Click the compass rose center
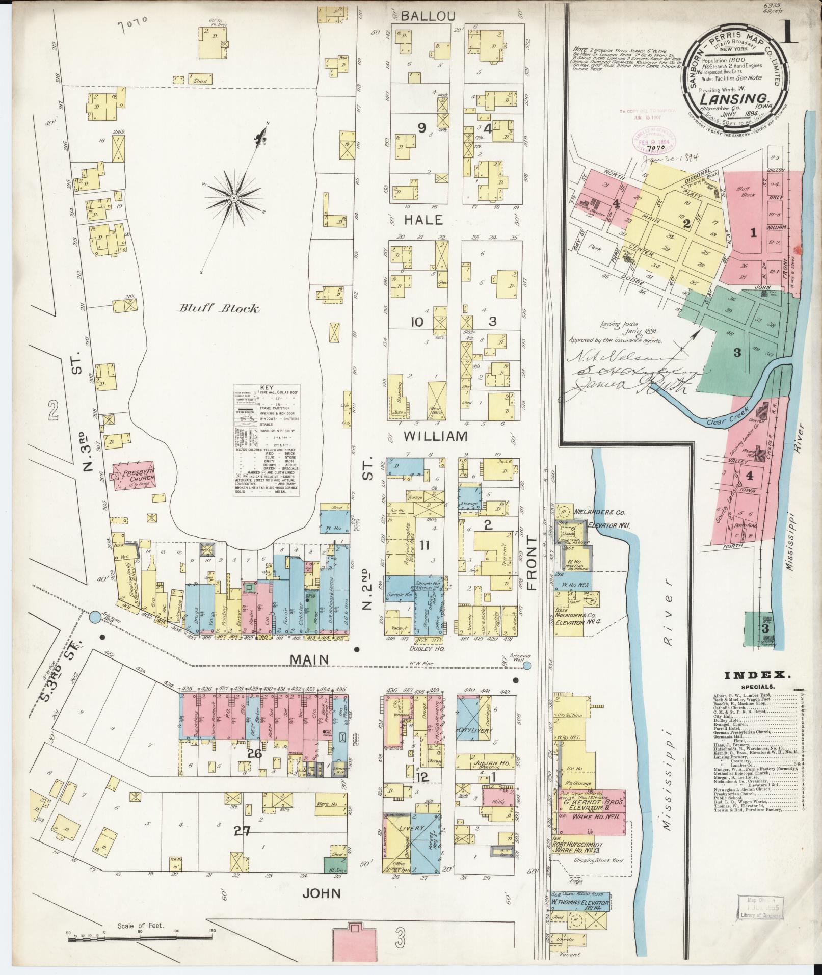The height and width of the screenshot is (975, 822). tap(233, 197)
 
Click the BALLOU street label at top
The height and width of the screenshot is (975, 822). tap(427, 16)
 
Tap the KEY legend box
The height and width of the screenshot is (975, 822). tap(267, 441)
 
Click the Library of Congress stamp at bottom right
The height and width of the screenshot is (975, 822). tap(757, 908)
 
